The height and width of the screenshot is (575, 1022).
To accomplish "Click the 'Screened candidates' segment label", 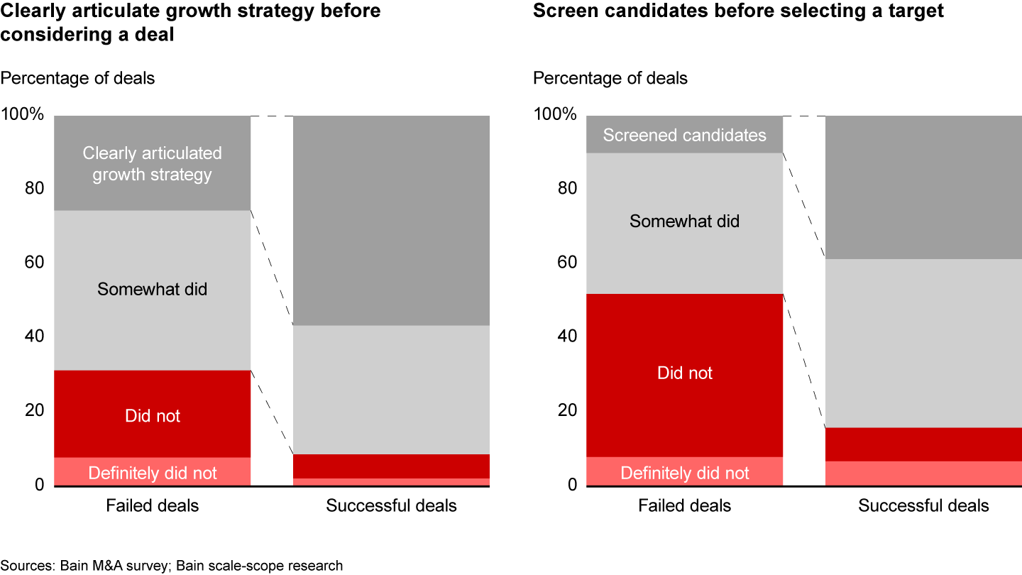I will pos(684,135).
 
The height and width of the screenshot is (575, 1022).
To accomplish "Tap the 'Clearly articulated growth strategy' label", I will pos(152,164).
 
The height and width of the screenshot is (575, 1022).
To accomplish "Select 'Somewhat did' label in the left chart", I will pos(153,289).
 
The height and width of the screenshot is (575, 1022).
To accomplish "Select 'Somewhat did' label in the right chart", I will pos(684,221).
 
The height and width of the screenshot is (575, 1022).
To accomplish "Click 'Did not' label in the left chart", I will pos(153,415).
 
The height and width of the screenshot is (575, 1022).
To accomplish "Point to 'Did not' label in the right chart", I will pos(684,373).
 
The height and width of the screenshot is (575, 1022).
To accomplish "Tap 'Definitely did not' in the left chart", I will pos(153,473).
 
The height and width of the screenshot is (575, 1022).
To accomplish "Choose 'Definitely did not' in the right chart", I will pos(684,473).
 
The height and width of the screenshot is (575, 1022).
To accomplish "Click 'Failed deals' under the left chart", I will pos(153,505).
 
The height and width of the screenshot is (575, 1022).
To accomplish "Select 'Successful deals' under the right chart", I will pos(923,505).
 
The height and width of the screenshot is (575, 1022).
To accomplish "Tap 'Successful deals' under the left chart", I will pos(391,505).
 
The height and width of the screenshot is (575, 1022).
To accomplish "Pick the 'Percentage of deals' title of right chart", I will pos(610,78).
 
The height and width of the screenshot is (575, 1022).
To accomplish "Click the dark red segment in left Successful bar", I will pos(391,466).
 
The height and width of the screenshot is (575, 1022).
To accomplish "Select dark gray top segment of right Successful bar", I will pos(923,187).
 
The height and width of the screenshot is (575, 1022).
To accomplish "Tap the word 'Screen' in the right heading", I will pos(562,11).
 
